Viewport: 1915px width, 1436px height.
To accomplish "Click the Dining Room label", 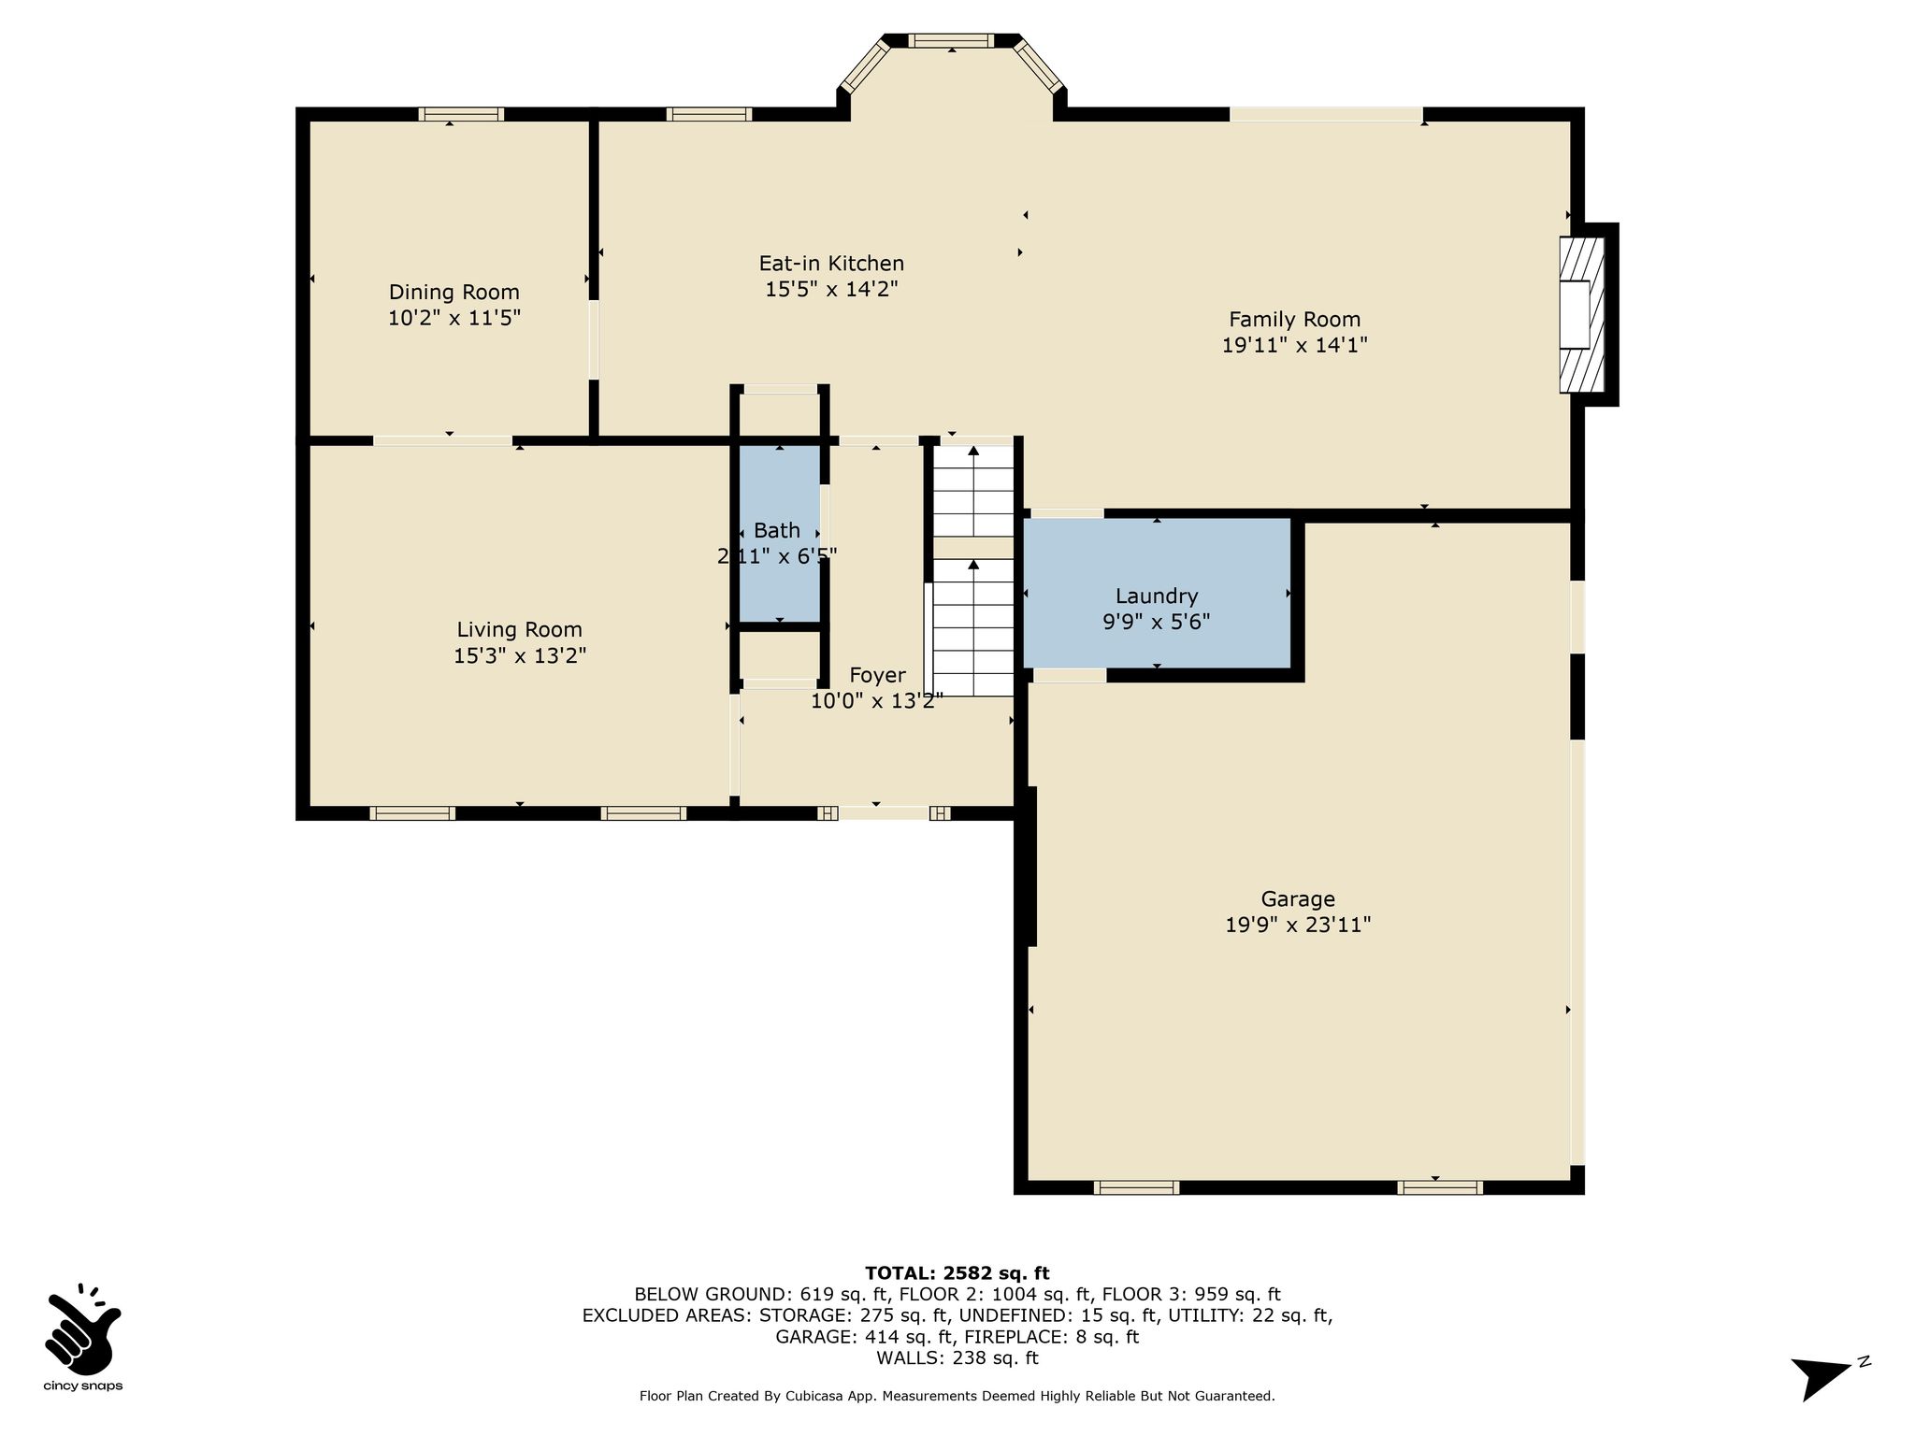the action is pyautogui.click(x=454, y=293).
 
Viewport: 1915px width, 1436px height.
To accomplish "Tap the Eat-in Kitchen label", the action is pyautogui.click(x=831, y=264).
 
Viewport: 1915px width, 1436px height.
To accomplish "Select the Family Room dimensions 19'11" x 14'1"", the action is pyautogui.click(x=1294, y=345).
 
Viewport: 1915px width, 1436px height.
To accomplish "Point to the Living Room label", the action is pyautogui.click(x=519, y=630).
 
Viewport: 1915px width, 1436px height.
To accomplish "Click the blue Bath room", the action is pyautogui.click(x=778, y=534).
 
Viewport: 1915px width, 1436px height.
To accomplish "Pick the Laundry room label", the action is pyautogui.click(x=1157, y=596).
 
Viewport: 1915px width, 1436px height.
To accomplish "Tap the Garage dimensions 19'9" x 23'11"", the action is pyautogui.click(x=1298, y=926).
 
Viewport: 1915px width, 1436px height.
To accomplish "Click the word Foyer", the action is pyautogui.click(x=877, y=675).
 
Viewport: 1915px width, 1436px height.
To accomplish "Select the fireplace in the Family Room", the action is pyautogui.click(x=1582, y=315).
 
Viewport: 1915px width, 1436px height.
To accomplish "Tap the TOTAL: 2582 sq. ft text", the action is pyautogui.click(x=957, y=1273).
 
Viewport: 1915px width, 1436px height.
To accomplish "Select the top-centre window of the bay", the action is pyautogui.click(x=952, y=40).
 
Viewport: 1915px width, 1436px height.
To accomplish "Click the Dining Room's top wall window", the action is pyautogui.click(x=461, y=114).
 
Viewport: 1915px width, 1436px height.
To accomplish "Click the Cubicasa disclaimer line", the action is pyautogui.click(x=957, y=1396).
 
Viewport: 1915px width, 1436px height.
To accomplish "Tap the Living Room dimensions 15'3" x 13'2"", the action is pyautogui.click(x=520, y=656).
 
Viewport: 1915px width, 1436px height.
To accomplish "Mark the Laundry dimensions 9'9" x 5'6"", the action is pyautogui.click(x=1157, y=622).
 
